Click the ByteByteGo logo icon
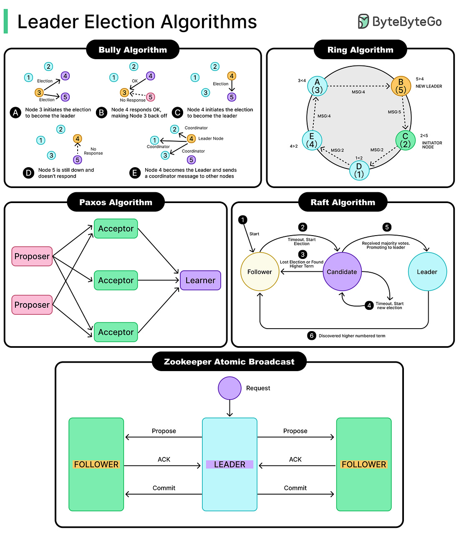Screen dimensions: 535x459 click(363, 21)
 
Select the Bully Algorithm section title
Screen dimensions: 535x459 click(133, 50)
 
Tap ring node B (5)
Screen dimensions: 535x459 click(401, 86)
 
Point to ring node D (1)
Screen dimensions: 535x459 click(359, 170)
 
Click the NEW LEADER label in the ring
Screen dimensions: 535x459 click(429, 86)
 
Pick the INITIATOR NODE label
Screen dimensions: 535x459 click(432, 145)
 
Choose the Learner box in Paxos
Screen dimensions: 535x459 click(200, 280)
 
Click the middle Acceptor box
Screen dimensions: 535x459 click(116, 280)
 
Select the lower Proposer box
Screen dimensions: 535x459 click(32, 304)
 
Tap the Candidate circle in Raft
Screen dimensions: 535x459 click(342, 272)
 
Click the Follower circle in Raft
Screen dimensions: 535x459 click(260, 272)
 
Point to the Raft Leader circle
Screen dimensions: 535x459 click(427, 272)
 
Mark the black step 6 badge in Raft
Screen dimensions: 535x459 click(312, 336)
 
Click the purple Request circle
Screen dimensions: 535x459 click(229, 388)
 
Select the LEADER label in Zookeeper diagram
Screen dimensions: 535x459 click(229, 465)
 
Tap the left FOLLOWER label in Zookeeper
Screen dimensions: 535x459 click(96, 465)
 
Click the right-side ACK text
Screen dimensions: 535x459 click(295, 460)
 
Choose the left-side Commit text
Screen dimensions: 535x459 click(164, 488)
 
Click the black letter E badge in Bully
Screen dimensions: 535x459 click(135, 173)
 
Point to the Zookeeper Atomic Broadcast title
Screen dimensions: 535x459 click(229, 362)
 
